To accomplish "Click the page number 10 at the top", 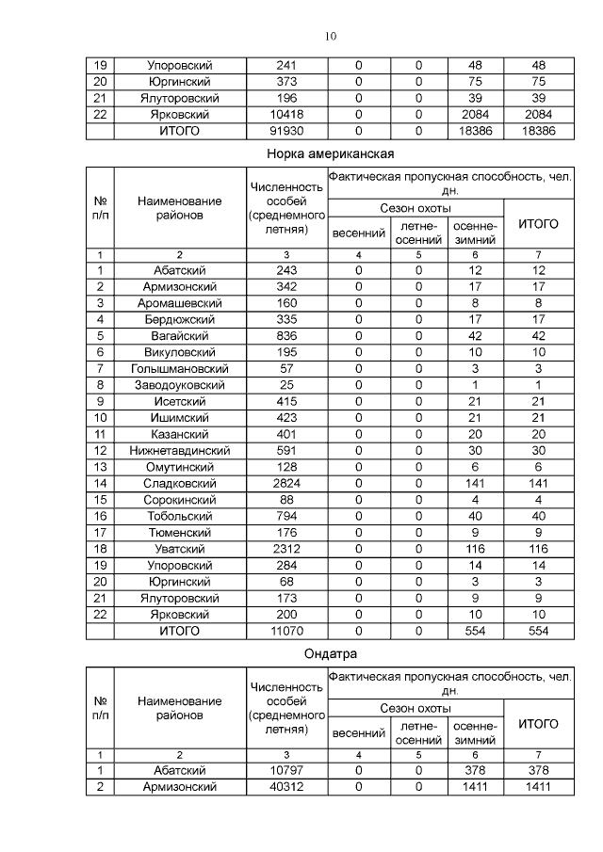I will click(331, 37).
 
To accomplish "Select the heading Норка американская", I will click(330, 153).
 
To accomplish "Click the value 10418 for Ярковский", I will click(286, 115).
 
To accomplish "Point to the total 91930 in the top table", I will click(286, 131).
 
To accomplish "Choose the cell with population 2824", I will click(286, 483).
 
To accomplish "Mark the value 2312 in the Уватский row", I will click(286, 548).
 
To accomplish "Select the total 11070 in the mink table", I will click(286, 631).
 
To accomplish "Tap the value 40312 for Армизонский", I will click(286, 786).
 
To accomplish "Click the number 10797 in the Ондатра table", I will click(286, 770).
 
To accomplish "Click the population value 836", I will click(286, 335).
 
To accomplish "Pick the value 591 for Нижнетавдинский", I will click(286, 450).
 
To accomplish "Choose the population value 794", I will click(286, 516).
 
